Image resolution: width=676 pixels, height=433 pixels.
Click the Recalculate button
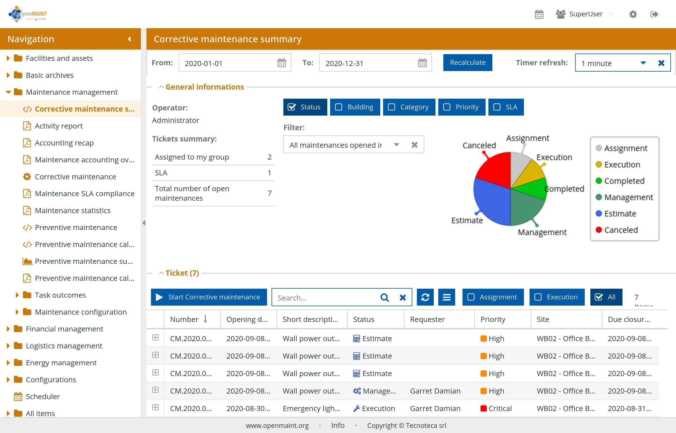(x=468, y=63)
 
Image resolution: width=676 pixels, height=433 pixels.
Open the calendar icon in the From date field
(x=281, y=63)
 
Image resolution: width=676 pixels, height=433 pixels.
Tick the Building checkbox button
(x=355, y=107)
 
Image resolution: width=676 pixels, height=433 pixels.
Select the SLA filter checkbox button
(x=506, y=107)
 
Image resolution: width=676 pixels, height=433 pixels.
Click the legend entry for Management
(x=628, y=197)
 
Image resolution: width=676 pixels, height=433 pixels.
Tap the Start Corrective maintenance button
(x=209, y=297)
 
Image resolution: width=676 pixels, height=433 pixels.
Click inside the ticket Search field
(x=324, y=298)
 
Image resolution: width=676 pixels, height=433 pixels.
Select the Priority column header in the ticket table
(x=493, y=319)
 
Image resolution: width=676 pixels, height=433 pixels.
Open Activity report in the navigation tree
(x=59, y=126)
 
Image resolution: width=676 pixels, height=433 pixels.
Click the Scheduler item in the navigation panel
(x=43, y=397)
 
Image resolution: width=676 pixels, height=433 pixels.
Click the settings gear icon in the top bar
(x=633, y=14)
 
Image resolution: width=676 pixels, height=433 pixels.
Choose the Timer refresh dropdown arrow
(x=643, y=63)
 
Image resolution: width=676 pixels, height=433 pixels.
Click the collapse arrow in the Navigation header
(x=129, y=39)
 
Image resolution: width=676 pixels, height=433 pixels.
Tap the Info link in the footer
(x=338, y=425)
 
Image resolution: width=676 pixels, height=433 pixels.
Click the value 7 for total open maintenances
(x=269, y=193)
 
